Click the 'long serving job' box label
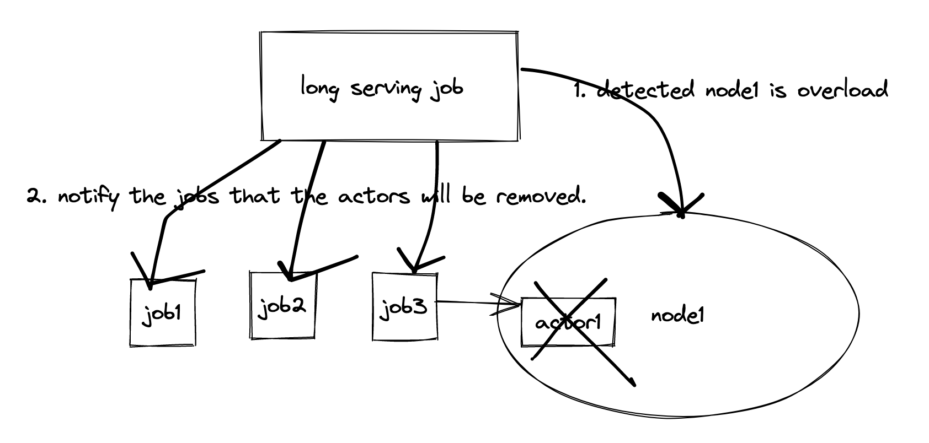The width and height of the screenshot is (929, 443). click(x=382, y=88)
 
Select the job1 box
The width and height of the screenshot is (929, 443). click(x=163, y=312)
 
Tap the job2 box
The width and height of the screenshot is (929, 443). click(x=282, y=305)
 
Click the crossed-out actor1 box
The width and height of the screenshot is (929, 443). click(x=568, y=322)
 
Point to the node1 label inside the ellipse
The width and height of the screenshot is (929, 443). click(x=677, y=316)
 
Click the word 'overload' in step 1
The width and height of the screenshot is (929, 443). click(x=842, y=90)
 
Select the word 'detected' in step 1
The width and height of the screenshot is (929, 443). click(x=646, y=90)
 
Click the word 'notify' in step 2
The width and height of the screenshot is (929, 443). click(x=88, y=197)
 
